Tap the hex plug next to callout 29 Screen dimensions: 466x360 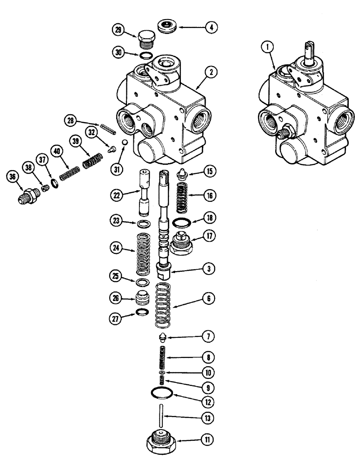point(146,38)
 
